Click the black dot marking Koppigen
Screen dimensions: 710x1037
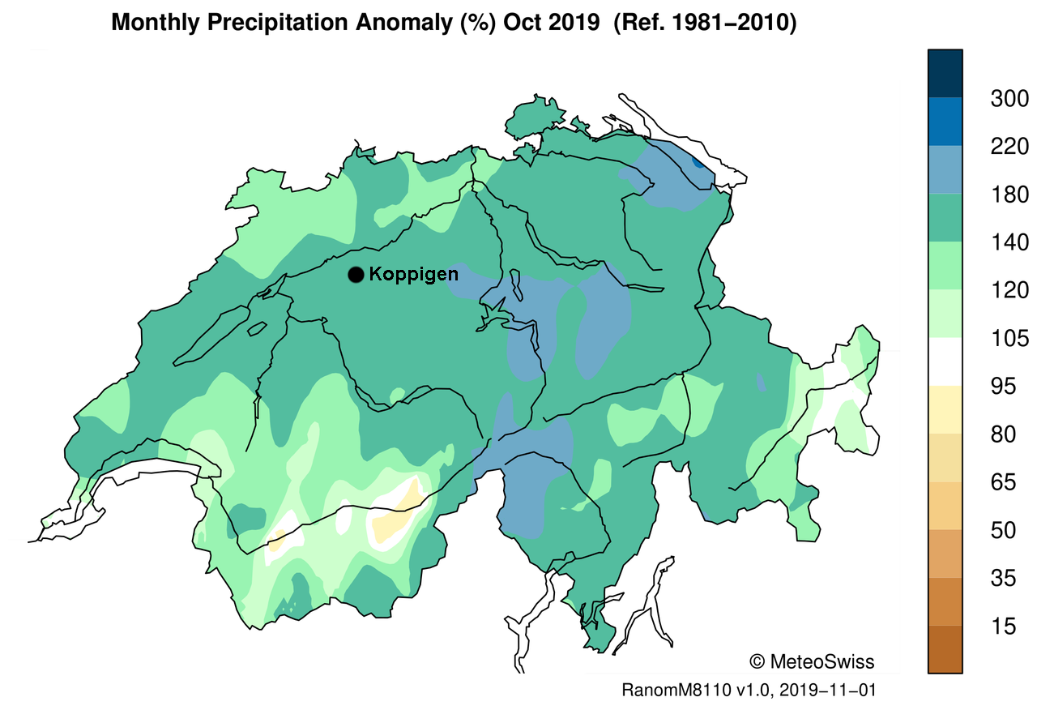coord(355,276)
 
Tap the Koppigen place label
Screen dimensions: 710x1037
coord(413,275)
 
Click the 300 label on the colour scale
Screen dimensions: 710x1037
coord(1009,100)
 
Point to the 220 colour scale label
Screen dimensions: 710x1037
coord(1009,147)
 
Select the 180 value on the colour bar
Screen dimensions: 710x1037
coord(1009,195)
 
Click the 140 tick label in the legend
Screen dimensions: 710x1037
coord(1009,242)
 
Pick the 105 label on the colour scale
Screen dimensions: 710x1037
coord(1009,338)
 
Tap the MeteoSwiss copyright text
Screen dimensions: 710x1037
coord(812,661)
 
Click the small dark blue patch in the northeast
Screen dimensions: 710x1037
coord(699,163)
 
